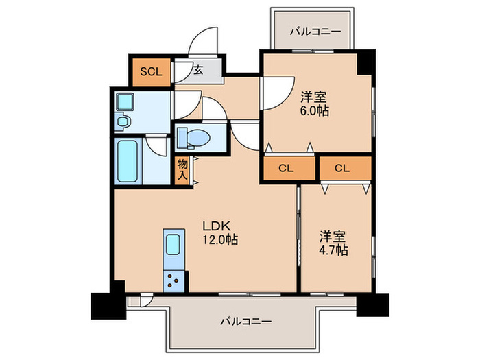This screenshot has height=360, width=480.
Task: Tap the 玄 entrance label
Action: [x=197, y=69]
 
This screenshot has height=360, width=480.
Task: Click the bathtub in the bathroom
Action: [x=128, y=163]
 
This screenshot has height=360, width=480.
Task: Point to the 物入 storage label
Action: [x=182, y=169]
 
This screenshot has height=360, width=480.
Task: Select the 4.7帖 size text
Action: [x=333, y=250]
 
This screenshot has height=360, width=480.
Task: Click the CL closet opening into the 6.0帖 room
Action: [x=287, y=168]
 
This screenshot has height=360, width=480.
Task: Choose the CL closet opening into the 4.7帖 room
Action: [x=344, y=168]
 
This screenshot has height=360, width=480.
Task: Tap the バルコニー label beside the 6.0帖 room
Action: [x=314, y=31]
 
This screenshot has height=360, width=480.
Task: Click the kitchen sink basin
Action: [x=173, y=244]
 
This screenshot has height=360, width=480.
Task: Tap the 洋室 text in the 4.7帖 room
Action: [x=333, y=237]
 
